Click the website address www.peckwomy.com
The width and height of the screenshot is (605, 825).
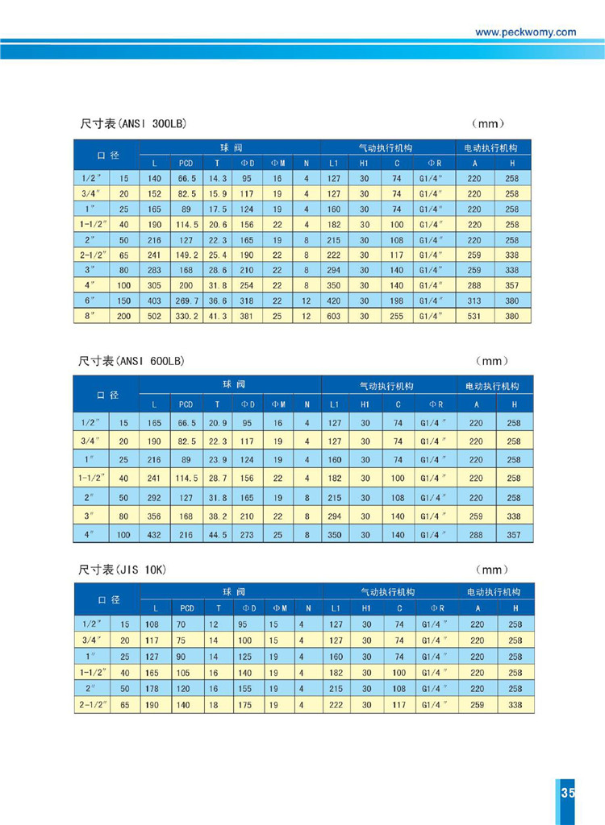coord(525,32)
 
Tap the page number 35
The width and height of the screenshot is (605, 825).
coord(568,793)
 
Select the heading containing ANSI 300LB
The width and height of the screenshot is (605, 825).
coord(133,123)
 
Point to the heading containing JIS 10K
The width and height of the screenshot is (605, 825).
coord(123,570)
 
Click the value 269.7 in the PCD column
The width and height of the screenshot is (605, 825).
coord(186,301)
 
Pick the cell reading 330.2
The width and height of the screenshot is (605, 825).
coord(186,316)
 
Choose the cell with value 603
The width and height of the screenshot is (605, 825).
coord(334,316)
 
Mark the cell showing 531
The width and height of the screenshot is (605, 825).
coord(474,316)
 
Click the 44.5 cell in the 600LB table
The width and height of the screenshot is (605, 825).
coord(218,535)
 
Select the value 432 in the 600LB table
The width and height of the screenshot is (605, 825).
coord(154,535)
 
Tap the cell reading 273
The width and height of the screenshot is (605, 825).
coord(247,535)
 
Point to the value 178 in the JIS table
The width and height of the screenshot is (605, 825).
coord(152,689)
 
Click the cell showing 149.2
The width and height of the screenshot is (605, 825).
coord(186,255)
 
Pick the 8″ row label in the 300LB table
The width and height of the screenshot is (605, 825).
coord(90,316)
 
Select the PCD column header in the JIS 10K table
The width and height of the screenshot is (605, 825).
coord(187,608)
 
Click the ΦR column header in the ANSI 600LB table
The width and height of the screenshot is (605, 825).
coord(436,404)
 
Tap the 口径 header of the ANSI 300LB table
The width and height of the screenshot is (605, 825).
coord(108,155)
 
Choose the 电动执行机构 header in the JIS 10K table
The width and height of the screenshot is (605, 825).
coord(493,592)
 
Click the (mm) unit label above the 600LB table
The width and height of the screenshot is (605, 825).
coord(492,361)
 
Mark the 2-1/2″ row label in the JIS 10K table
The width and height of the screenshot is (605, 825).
coord(92,704)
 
